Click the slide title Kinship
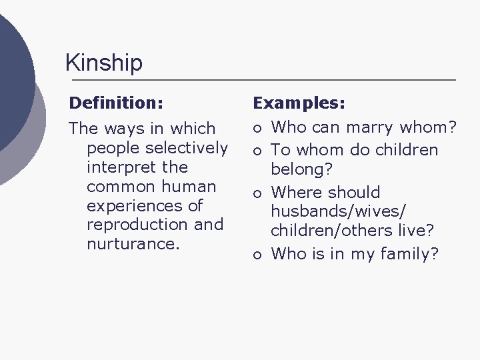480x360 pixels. (x=103, y=63)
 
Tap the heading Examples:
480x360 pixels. (x=298, y=104)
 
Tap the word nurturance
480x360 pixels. (x=133, y=244)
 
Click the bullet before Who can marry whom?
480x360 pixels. (x=257, y=127)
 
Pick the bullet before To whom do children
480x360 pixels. (x=257, y=151)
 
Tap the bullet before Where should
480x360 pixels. (x=257, y=193)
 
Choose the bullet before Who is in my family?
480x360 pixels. (x=257, y=254)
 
